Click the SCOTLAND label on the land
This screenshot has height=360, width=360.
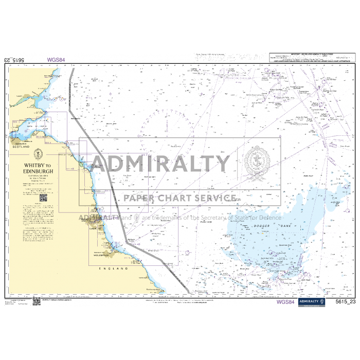click(x=21, y=147)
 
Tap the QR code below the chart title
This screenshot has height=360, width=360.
click(x=43, y=197)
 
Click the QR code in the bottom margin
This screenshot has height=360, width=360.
click(x=37, y=301)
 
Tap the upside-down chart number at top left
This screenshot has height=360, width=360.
click(x=14, y=60)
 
